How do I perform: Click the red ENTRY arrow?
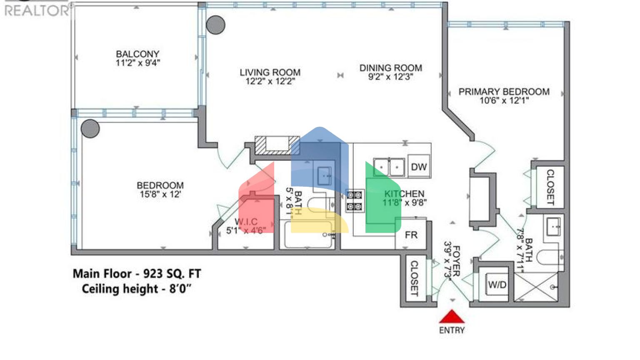point(452,317)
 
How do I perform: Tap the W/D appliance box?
point(497,285)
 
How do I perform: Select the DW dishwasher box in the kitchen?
point(419,167)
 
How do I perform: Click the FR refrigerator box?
point(411,235)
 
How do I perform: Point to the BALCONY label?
point(137,54)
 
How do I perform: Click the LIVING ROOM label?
point(270,72)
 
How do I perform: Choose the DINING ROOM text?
point(390,68)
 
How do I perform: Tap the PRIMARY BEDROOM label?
point(504,92)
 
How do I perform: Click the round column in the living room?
point(215,25)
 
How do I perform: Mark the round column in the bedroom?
point(90,129)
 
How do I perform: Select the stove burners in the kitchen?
point(355,200)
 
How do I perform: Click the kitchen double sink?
point(389,167)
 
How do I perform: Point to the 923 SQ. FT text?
point(172,274)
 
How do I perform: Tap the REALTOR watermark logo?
point(37,10)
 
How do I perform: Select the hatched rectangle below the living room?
point(277,145)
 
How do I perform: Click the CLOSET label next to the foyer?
point(414,278)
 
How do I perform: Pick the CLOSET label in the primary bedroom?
point(550,187)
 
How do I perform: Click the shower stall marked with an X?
point(536,287)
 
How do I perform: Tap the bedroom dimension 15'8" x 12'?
point(160,194)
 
